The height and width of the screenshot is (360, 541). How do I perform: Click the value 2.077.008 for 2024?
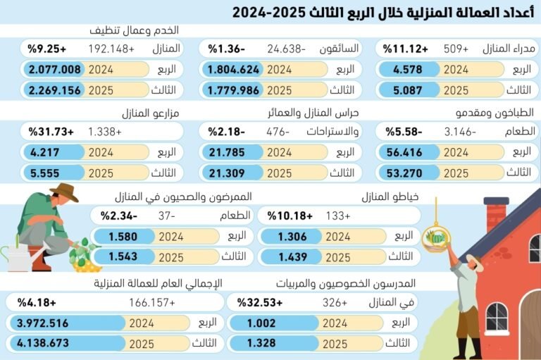pos(55,69)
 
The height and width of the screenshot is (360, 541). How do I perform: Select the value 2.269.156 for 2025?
pos(55,90)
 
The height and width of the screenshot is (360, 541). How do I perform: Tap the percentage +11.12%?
pos(406,49)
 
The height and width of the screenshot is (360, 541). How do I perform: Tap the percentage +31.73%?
pos(51,132)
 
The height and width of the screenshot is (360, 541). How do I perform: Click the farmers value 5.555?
pos(46,173)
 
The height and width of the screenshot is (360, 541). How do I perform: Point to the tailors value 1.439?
pos(292,257)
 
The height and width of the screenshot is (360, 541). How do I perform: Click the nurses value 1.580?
pos(125,237)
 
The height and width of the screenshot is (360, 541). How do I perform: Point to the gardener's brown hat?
pos(63,192)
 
